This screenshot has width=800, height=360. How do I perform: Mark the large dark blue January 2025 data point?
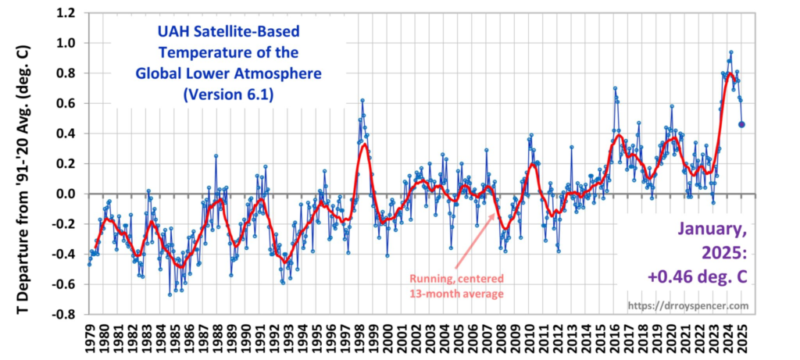741,124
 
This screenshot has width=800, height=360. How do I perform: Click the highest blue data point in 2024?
730,52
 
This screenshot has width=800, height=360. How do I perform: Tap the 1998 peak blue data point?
362,100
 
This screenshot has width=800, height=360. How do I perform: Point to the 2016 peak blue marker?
615,88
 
